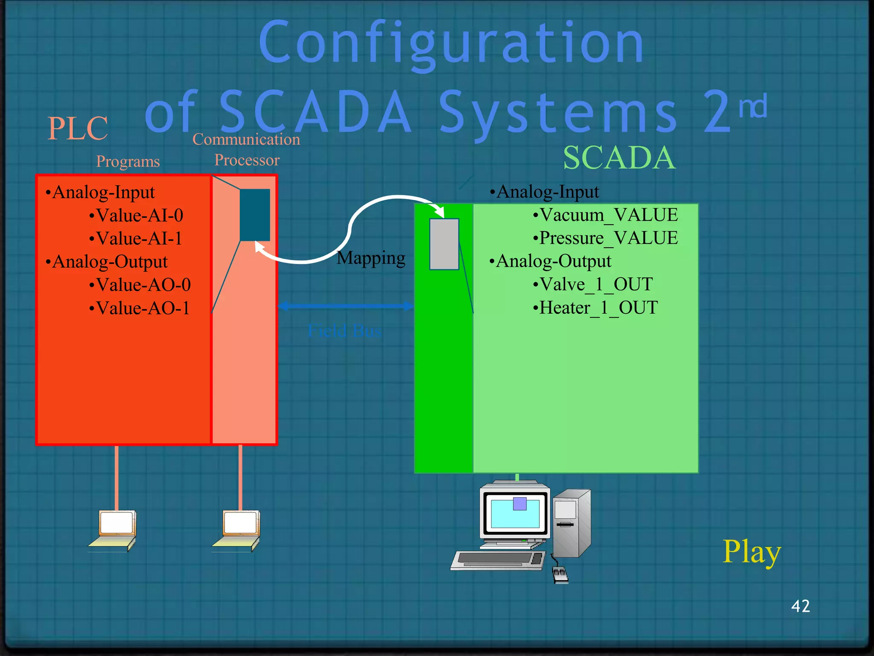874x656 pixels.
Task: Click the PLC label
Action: pyautogui.click(x=78, y=129)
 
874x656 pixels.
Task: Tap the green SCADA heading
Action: pyautogui.click(x=619, y=158)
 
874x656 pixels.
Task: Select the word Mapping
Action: pyautogui.click(x=371, y=258)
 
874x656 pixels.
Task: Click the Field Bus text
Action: pyautogui.click(x=344, y=331)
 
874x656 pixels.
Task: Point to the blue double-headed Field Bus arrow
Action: pyautogui.click(x=346, y=306)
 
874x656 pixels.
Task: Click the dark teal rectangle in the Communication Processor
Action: pyautogui.click(x=255, y=215)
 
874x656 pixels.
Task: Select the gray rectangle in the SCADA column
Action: pyautogui.click(x=444, y=244)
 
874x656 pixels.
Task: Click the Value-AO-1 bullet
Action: pyautogui.click(x=140, y=308)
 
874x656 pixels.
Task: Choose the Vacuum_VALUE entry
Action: pyautogui.click(x=606, y=215)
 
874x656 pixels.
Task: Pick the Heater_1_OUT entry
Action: pyautogui.click(x=596, y=307)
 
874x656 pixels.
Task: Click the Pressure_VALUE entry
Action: pyautogui.click(x=606, y=238)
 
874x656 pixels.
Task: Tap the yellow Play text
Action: pyautogui.click(x=752, y=552)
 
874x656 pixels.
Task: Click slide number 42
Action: pyautogui.click(x=800, y=606)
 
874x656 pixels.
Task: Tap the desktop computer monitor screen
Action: pyautogui.click(x=515, y=514)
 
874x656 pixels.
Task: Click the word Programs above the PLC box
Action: pyautogui.click(x=128, y=161)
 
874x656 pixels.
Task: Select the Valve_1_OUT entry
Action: pyautogui.click(x=593, y=284)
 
